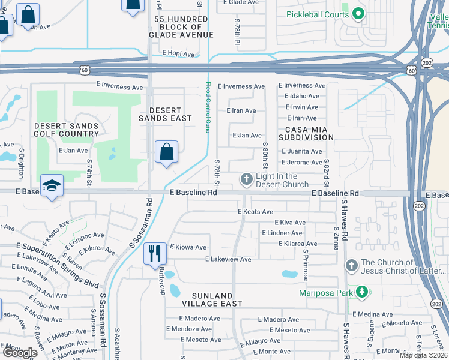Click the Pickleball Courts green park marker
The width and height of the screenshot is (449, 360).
point(359,13)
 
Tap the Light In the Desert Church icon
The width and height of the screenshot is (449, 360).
point(246,179)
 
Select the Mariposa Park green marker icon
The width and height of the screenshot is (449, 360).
point(361,293)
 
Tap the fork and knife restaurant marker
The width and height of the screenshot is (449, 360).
point(154,253)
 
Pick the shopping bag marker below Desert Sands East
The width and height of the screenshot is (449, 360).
point(166,152)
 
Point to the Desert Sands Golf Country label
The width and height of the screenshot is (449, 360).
point(67,130)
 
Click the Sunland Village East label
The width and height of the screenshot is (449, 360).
point(217,300)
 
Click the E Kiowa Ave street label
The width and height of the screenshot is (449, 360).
point(188,247)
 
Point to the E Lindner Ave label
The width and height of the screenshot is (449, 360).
point(284,233)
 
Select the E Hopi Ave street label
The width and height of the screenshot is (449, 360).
point(178,54)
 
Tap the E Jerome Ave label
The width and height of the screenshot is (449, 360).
point(301,163)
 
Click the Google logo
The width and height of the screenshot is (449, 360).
point(19,353)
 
